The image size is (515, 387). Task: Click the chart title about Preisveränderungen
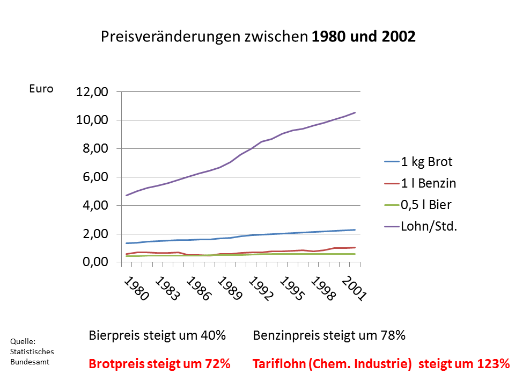coord(258,37)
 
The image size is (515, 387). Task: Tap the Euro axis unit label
coord(41,89)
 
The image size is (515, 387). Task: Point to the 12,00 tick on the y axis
coord(92,92)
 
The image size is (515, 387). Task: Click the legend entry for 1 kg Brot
coord(426,162)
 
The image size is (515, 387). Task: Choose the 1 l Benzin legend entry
coord(428,183)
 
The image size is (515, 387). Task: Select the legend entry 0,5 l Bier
coord(426,205)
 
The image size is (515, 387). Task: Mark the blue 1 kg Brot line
coord(268,234)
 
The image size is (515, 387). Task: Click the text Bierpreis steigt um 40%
coord(157,335)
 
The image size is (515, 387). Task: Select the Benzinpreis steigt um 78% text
coord(329,335)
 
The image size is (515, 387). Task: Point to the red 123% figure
coord(492,364)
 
